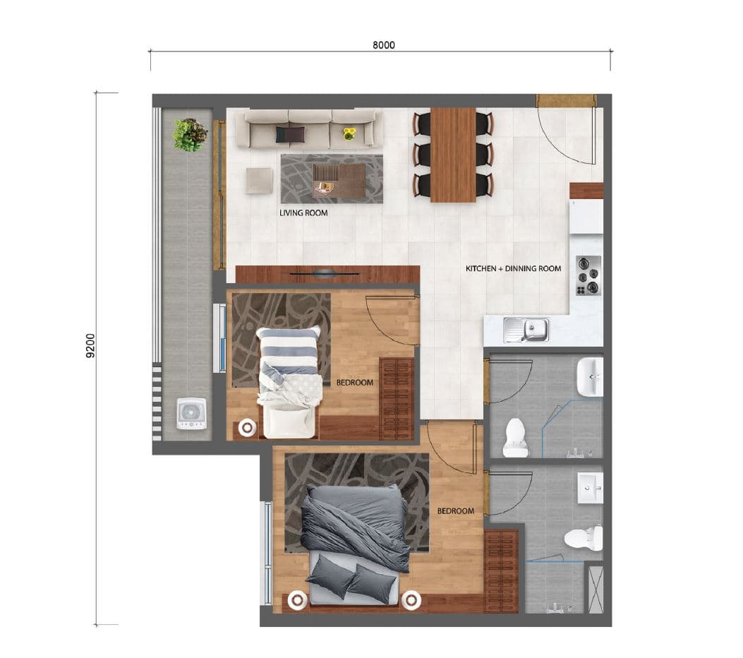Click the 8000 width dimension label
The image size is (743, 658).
pyautogui.click(x=383, y=45)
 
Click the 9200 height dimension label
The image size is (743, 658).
pyautogui.click(x=90, y=346)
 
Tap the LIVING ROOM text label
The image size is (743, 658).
pyautogui.click(x=303, y=213)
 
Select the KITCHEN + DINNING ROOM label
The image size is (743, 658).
pyautogui.click(x=513, y=268)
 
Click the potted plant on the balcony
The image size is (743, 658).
pyautogui.click(x=191, y=135)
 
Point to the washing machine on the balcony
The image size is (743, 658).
pyautogui.click(x=191, y=414)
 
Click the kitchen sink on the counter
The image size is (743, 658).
pyautogui.click(x=526, y=330)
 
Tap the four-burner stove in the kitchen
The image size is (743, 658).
pyautogui.click(x=588, y=276)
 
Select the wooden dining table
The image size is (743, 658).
pyautogui.click(x=453, y=155)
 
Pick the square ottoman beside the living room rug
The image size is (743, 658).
pyautogui.click(x=259, y=181)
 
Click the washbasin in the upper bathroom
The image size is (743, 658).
pyautogui.click(x=590, y=377)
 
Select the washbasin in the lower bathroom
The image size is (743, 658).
pyautogui.click(x=591, y=487)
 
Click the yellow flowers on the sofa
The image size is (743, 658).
pyautogui.click(x=349, y=133)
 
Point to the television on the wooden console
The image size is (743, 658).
pyautogui.click(x=325, y=273)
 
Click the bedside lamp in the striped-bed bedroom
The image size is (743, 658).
pyautogui.click(x=247, y=428)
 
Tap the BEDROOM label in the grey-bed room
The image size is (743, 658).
pyautogui.click(x=455, y=511)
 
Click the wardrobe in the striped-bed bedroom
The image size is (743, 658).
pyautogui.click(x=397, y=399)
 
